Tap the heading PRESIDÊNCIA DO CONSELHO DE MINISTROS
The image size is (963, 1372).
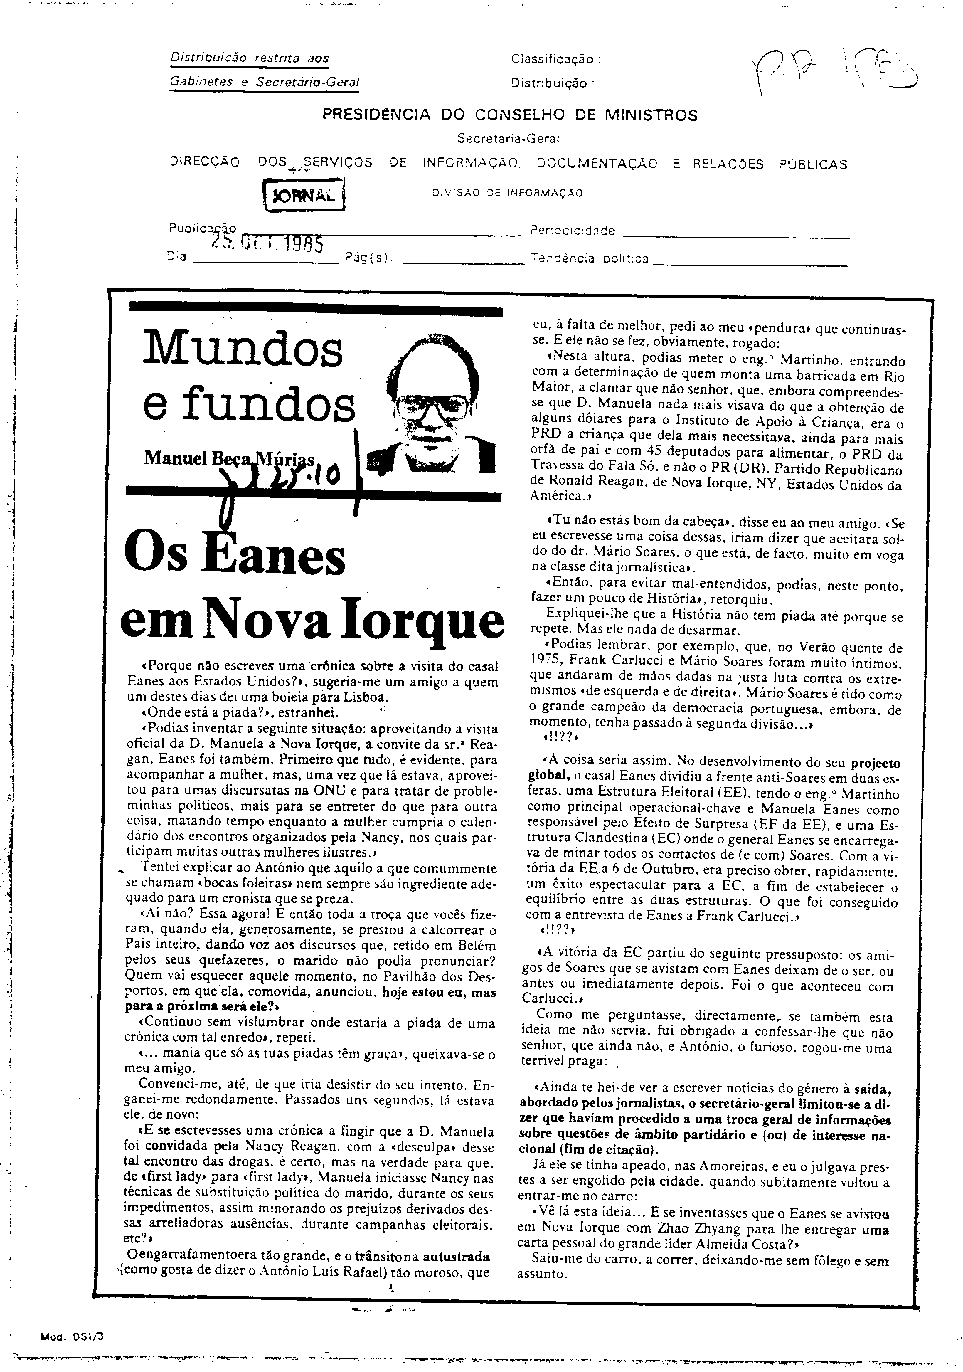pyautogui.click(x=510, y=115)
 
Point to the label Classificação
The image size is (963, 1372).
pyautogui.click(x=555, y=59)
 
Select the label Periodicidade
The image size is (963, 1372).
pyautogui.click(x=572, y=231)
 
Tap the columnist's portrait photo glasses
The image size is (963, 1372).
pyautogui.click(x=432, y=406)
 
